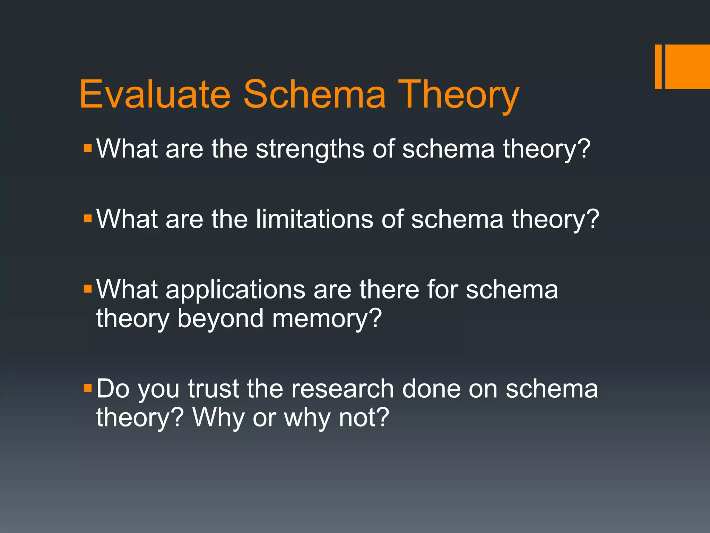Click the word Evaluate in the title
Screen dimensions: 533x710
point(155,94)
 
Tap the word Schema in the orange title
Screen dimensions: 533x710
point(314,94)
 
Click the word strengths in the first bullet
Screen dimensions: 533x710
point(310,149)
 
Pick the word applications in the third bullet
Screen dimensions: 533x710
point(235,289)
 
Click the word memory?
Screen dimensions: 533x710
point(327,319)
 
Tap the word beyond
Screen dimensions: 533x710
point(220,319)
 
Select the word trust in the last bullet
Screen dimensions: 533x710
point(214,389)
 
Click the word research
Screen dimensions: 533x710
point(342,389)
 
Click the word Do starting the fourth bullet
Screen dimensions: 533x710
point(113,389)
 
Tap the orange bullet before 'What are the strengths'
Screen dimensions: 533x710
point(88,149)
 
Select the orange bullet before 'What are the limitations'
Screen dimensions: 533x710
point(88,219)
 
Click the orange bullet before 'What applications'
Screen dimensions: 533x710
point(88,289)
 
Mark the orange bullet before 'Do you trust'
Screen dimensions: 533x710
point(88,388)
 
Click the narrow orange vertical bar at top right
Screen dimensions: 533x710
point(658,67)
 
